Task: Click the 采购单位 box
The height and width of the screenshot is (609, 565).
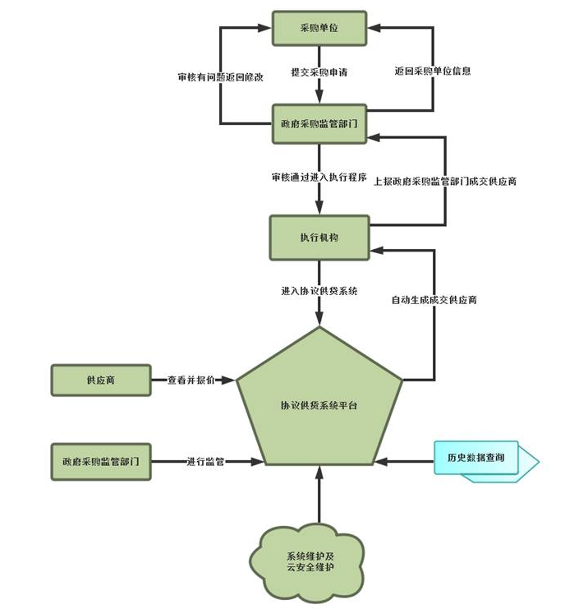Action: tap(319, 29)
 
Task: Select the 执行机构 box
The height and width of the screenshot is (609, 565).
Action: tap(319, 237)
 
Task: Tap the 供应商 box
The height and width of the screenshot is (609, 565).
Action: tap(101, 381)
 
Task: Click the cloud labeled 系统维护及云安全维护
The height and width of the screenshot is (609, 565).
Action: tap(310, 562)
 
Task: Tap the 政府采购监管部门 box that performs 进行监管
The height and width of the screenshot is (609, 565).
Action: tap(101, 460)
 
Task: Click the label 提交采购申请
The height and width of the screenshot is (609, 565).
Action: tap(319, 72)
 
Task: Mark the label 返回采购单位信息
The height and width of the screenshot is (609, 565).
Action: tap(433, 72)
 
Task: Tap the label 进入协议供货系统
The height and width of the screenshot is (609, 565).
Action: tap(319, 292)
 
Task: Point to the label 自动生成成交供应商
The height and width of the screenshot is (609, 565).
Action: tap(434, 301)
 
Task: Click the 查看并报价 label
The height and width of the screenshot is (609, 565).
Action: tap(191, 381)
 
